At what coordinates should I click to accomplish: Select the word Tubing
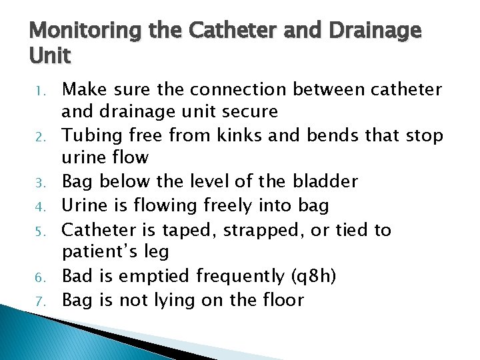pyautogui.click(x=89, y=135)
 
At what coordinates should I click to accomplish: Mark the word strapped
pyautogui.click(x=256, y=230)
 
